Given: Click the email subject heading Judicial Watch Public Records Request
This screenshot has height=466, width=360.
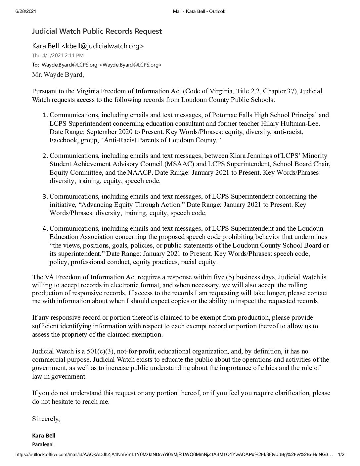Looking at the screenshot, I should [x=97, y=31].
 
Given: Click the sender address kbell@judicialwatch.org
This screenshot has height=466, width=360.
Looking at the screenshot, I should [x=103, y=46].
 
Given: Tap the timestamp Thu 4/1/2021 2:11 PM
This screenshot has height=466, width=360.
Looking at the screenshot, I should [x=58, y=55].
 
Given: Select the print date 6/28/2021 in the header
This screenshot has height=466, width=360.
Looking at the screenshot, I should [x=25, y=11].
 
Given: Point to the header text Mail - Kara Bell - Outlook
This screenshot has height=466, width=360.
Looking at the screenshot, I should [x=199, y=11].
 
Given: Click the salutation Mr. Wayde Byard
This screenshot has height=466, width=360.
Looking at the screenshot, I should [x=58, y=74].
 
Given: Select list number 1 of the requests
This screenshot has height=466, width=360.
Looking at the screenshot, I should [x=46, y=115].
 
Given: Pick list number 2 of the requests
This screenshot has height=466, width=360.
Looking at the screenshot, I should [x=46, y=156].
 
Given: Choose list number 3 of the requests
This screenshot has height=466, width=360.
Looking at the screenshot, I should [x=46, y=197].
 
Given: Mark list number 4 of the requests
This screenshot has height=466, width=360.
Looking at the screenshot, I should [x=46, y=229].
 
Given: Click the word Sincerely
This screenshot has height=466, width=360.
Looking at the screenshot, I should [x=46, y=419].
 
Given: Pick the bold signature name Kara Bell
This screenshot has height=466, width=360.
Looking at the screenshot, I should [x=44, y=436].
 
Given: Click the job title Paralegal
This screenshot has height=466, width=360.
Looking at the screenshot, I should [x=43, y=444].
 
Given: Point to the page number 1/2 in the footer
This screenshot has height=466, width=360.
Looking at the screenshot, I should [x=340, y=455].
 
